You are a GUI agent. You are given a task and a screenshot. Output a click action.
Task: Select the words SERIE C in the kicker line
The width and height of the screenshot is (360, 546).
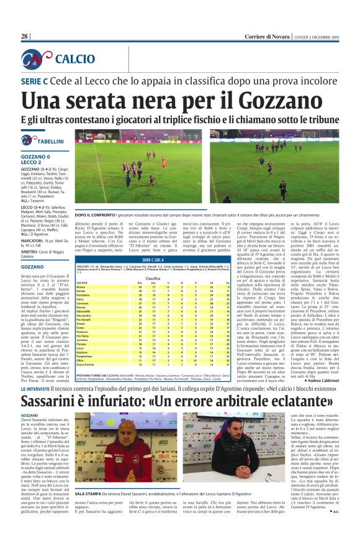point(35,81)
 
